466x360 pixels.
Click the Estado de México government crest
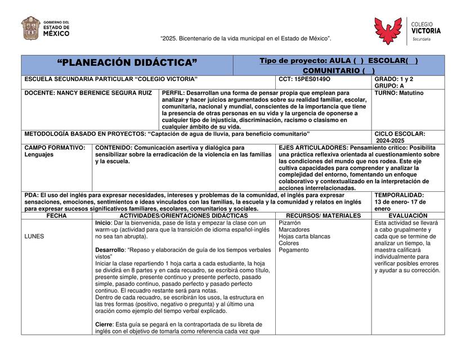(30, 28)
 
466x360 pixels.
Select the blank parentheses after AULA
(358, 60)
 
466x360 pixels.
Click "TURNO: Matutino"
(399, 93)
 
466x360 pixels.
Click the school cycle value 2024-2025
(392, 141)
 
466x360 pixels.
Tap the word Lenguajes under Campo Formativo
(39, 154)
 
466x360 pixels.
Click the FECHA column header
(56, 215)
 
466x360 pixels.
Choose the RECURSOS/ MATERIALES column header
(323, 215)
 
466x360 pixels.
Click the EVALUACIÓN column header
(407, 215)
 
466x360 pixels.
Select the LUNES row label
(34, 236)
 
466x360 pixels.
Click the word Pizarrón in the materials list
(290, 223)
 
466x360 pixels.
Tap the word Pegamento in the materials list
(293, 250)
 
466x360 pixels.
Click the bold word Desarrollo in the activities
(110, 249)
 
